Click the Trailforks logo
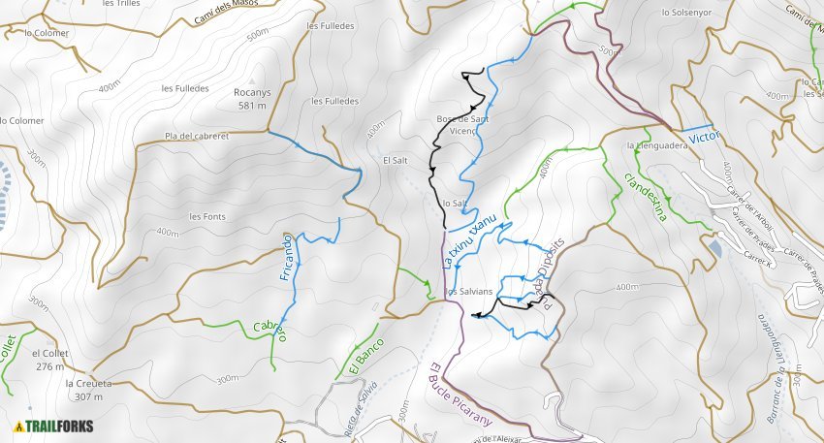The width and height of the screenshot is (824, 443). click(56, 426)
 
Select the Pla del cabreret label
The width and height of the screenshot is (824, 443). click(197, 137)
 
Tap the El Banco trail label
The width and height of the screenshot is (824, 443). click(365, 358)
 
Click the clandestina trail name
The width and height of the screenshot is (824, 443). click(647, 197)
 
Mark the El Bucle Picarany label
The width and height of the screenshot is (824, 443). click(460, 393)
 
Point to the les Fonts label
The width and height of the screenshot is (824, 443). click(207, 216)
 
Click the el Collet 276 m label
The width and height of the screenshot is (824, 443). click(48, 360)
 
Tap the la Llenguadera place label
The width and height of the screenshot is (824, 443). click(657, 145)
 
